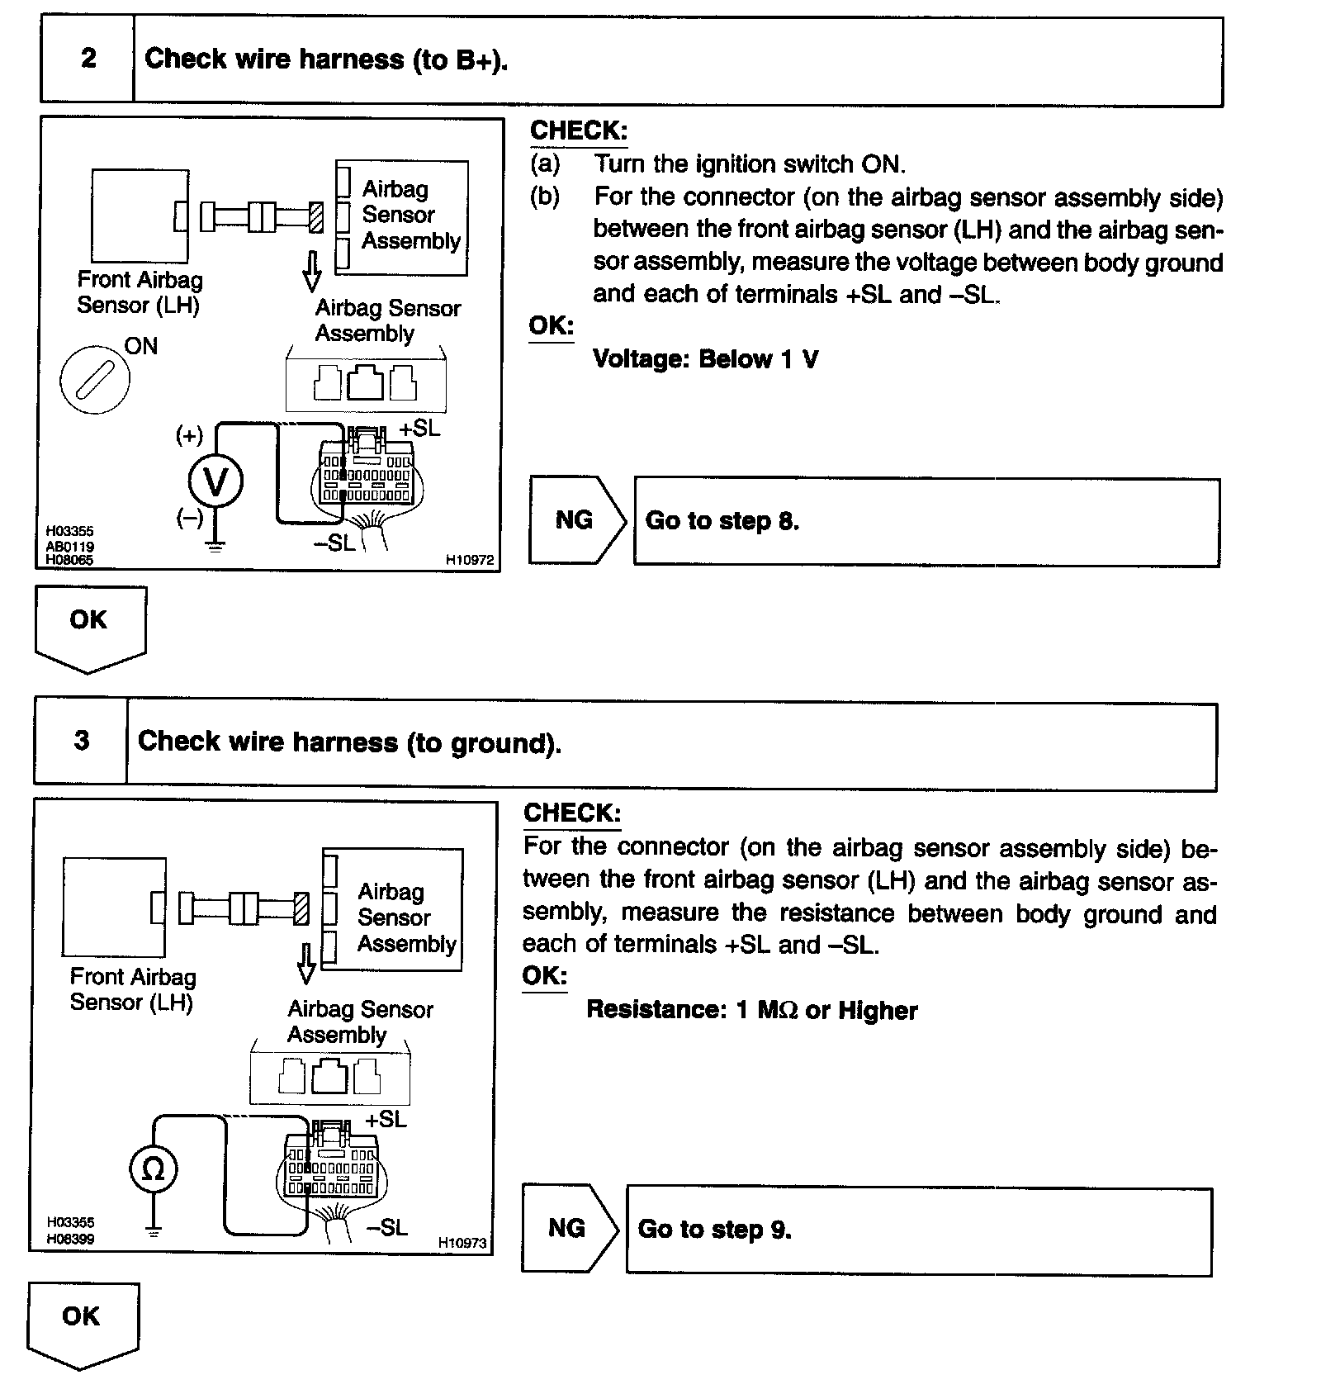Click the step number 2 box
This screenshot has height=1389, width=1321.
tap(88, 59)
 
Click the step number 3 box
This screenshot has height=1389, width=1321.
tap(81, 741)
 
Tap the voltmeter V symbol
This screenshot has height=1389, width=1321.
tap(215, 482)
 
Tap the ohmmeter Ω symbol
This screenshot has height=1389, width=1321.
tap(154, 1169)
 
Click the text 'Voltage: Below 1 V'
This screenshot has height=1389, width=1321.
tap(706, 359)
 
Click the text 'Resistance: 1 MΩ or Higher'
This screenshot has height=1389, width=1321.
tap(751, 1010)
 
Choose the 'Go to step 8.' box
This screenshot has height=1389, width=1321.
tap(926, 521)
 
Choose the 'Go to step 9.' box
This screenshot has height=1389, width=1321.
tap(919, 1230)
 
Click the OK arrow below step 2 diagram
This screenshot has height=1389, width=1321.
tap(90, 625)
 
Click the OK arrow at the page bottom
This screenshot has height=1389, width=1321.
tap(83, 1321)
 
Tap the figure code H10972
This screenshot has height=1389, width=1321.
tap(470, 560)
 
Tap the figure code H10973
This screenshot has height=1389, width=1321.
tap(462, 1243)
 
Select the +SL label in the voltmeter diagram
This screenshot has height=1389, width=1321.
tap(419, 429)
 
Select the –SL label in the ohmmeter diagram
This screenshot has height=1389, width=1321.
tap(386, 1228)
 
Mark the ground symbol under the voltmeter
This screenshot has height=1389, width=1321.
tap(215, 545)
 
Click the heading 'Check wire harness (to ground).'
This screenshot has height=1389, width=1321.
tap(349, 742)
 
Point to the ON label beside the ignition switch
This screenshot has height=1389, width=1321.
tap(140, 346)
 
